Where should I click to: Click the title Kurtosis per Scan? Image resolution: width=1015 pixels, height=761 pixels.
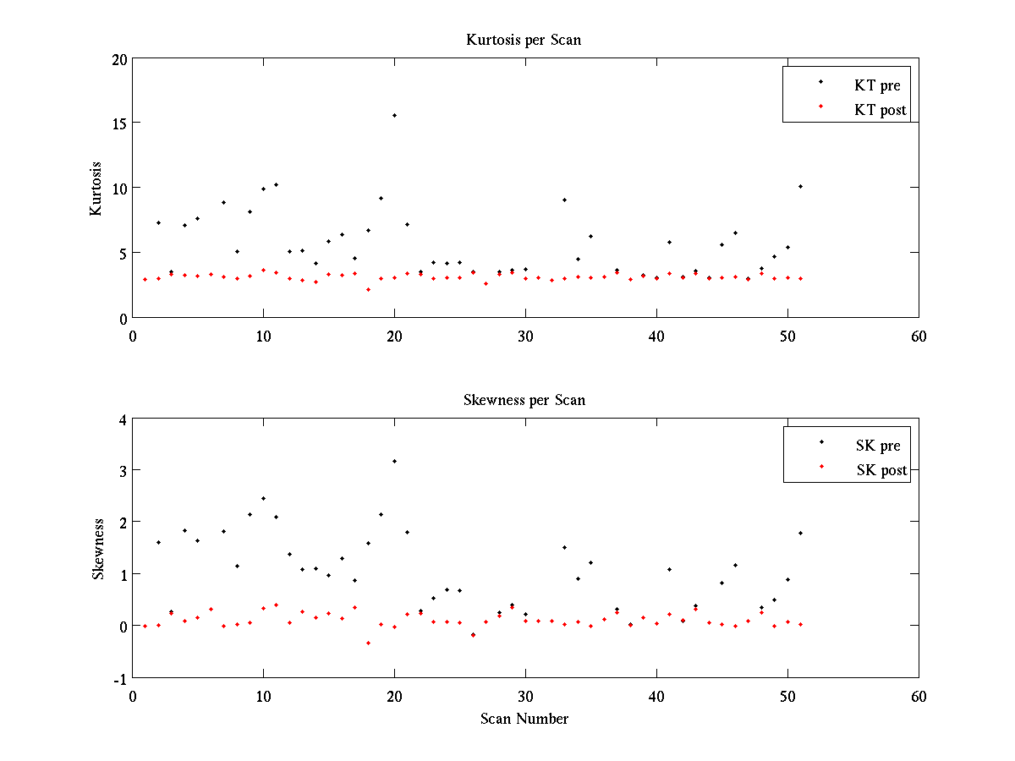[x=524, y=40]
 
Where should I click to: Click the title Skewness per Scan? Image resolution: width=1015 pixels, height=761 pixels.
[x=524, y=400]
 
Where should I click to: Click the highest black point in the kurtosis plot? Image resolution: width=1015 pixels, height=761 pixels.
[x=394, y=115]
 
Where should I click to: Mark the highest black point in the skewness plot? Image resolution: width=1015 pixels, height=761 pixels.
[x=394, y=461]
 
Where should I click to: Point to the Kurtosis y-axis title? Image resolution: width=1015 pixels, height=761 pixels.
[x=96, y=188]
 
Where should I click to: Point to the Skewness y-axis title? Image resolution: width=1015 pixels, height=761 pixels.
[x=98, y=548]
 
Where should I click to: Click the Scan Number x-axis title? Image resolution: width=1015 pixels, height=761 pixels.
[x=524, y=719]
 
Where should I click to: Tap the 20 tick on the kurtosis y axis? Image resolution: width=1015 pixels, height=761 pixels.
[x=118, y=59]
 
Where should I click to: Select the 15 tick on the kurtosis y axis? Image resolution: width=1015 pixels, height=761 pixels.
[x=118, y=123]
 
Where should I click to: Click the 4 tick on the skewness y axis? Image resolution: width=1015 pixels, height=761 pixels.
[x=122, y=419]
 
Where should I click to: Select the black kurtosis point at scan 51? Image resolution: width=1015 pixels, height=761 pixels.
[x=800, y=186]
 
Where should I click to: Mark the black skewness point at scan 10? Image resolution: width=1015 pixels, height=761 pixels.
[x=263, y=498]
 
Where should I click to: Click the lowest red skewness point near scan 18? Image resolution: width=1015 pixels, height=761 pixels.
[x=368, y=643]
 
